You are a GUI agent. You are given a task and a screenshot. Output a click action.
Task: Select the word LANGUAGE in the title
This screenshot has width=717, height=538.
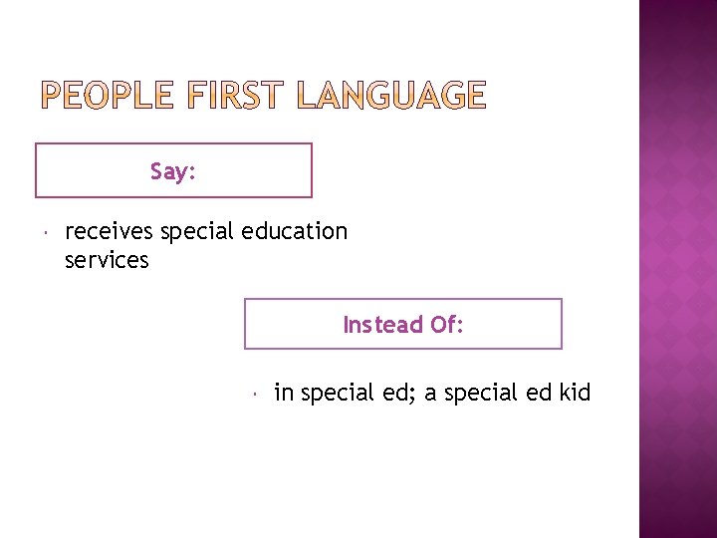pos(392,96)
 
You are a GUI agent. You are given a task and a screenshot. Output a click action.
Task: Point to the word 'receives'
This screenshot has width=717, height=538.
pos(109,232)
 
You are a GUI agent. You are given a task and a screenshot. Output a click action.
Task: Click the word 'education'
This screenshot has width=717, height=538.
pos(297,232)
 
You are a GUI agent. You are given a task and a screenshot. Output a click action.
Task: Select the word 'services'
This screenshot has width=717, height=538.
pos(107,261)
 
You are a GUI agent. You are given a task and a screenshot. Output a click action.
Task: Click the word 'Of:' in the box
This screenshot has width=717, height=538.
pos(446,325)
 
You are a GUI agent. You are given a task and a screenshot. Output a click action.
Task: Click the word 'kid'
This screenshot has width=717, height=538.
pos(575,394)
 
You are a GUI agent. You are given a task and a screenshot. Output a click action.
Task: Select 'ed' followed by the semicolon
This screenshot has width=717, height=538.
pos(395,394)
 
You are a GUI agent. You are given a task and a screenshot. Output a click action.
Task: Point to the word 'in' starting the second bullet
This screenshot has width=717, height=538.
pos(284,394)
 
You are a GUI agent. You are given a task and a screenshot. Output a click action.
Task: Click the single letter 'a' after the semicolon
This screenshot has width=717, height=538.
pos(430,396)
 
